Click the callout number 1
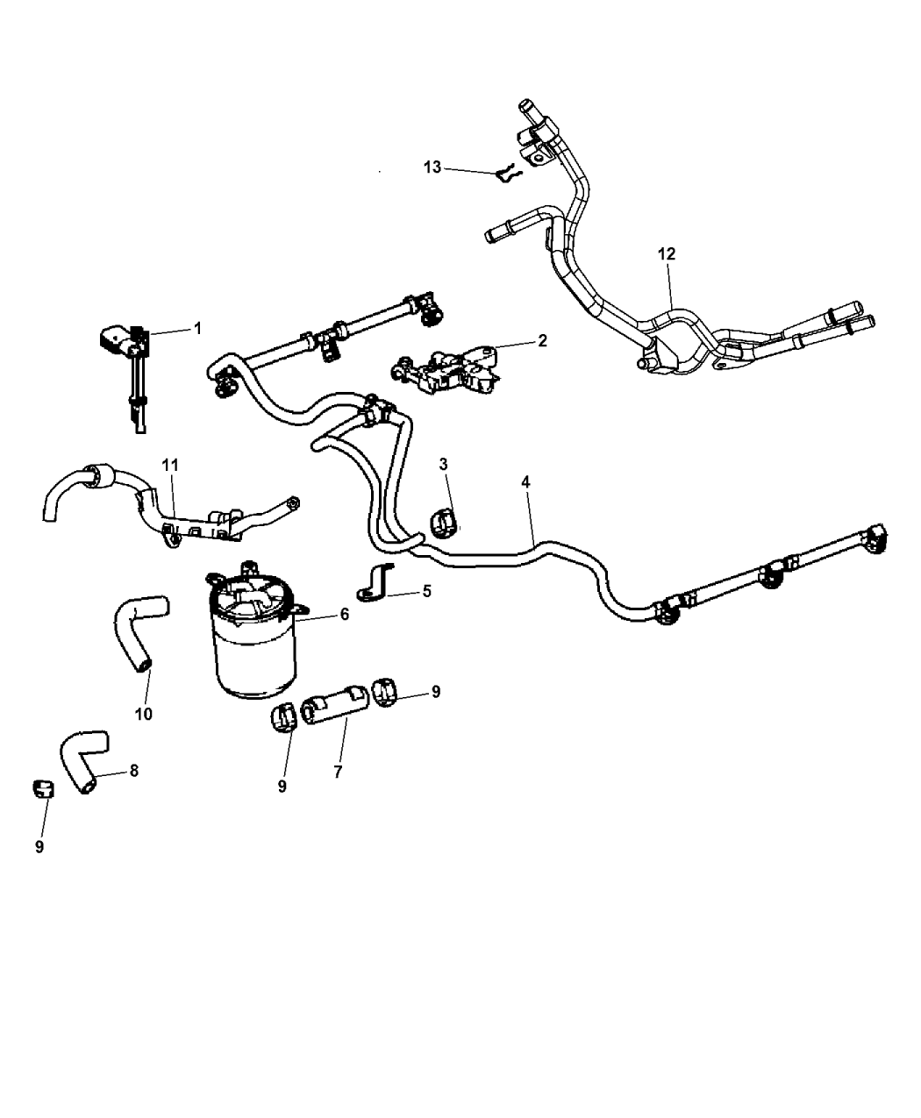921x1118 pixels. [197, 328]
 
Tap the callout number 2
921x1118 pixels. [542, 341]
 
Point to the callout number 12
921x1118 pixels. [668, 253]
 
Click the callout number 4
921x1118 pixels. [525, 481]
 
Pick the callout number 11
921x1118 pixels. [168, 461]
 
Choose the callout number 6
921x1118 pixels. [345, 615]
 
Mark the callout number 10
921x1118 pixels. [143, 714]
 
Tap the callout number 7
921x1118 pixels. [338, 772]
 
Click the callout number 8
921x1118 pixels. [133, 771]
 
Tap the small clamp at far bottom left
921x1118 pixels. [40, 787]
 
